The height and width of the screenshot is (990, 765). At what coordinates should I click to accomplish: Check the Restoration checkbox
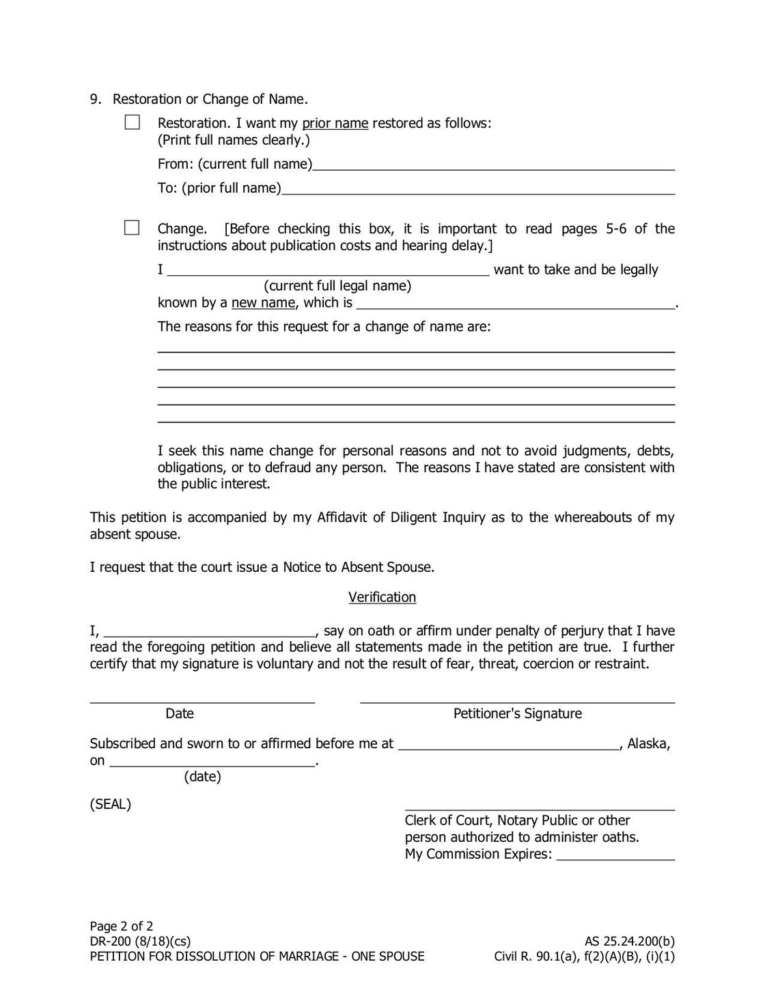132,122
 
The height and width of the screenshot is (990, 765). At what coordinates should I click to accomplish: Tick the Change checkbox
132,228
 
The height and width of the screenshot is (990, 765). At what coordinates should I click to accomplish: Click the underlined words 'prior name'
335,124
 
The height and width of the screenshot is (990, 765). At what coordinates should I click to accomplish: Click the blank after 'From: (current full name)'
493,164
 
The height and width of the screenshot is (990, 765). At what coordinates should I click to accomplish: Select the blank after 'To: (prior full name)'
478,189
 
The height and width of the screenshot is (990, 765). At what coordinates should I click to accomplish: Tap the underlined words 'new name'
263,303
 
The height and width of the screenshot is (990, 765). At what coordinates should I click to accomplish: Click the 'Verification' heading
382,597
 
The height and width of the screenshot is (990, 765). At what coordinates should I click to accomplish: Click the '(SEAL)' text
111,804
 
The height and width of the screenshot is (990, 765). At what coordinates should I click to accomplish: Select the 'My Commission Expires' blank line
615,855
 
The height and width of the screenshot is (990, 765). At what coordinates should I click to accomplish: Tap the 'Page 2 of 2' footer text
122,926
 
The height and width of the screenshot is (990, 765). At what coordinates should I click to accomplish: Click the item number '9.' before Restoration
96,100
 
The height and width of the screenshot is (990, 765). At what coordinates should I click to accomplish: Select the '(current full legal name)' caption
337,286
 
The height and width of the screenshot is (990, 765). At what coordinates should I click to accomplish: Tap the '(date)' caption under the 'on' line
202,777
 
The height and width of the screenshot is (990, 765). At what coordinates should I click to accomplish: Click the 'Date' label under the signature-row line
180,714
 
